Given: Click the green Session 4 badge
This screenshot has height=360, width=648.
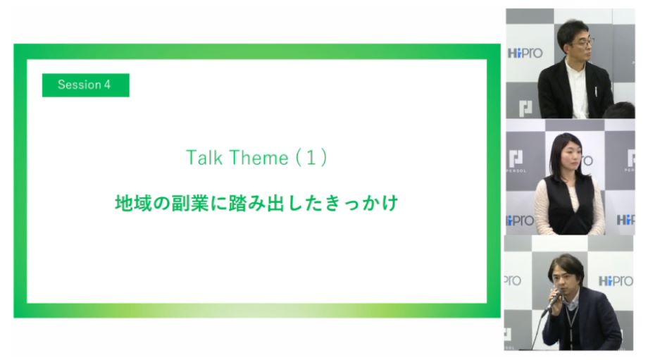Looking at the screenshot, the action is [85, 85].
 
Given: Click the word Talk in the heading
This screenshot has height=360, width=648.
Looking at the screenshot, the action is [202, 158].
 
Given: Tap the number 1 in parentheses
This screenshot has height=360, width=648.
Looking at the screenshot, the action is [311, 158].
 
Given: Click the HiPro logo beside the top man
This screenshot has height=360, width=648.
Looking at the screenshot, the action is [525, 54].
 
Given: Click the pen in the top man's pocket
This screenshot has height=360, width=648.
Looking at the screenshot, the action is [595, 92].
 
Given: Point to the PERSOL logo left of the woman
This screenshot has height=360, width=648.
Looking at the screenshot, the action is [516, 161].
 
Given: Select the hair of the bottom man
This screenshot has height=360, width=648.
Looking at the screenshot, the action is [567, 268].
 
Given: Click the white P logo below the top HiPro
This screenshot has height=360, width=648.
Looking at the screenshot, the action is [525, 108].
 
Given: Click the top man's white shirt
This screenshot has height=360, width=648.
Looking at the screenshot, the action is [578, 91].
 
